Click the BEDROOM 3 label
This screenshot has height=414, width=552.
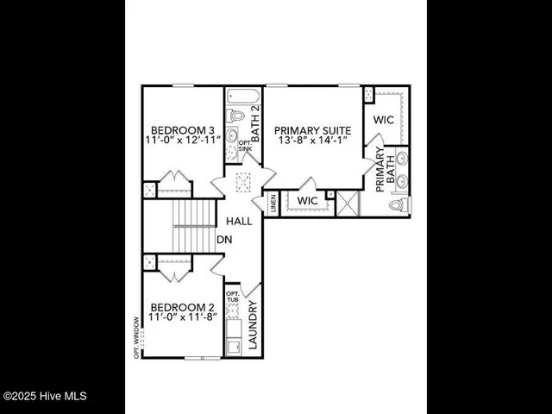(x=182, y=124)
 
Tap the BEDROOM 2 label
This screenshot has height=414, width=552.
(x=182, y=307)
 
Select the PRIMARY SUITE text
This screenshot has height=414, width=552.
(x=311, y=128)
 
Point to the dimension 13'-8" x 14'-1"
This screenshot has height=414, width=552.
(x=311, y=140)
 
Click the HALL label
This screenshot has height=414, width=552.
(x=239, y=222)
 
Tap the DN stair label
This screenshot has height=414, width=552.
(x=223, y=240)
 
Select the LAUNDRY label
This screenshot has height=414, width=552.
(x=254, y=326)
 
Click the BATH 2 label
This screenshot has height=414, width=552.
(x=255, y=120)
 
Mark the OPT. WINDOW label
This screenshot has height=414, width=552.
(x=136, y=337)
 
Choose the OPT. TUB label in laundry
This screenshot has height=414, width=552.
(x=232, y=298)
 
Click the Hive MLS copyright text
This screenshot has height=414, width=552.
(x=45, y=396)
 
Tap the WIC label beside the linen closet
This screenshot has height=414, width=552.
(x=307, y=201)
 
